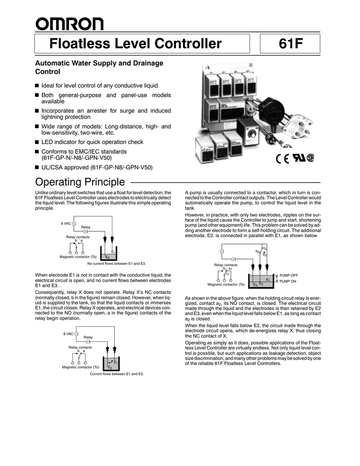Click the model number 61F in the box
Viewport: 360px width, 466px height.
click(x=289, y=45)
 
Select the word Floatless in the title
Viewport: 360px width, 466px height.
click(x=78, y=45)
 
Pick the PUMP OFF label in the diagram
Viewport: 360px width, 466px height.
click(x=289, y=275)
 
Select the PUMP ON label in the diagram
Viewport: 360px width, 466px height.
click(x=287, y=282)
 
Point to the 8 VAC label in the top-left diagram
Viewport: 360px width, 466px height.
click(x=66, y=223)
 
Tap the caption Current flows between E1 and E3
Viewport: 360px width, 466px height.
click(x=117, y=374)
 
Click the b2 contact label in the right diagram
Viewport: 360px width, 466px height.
click(x=264, y=254)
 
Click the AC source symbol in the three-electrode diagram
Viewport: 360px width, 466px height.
click(x=222, y=251)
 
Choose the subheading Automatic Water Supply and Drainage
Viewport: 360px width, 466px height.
click(x=99, y=63)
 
